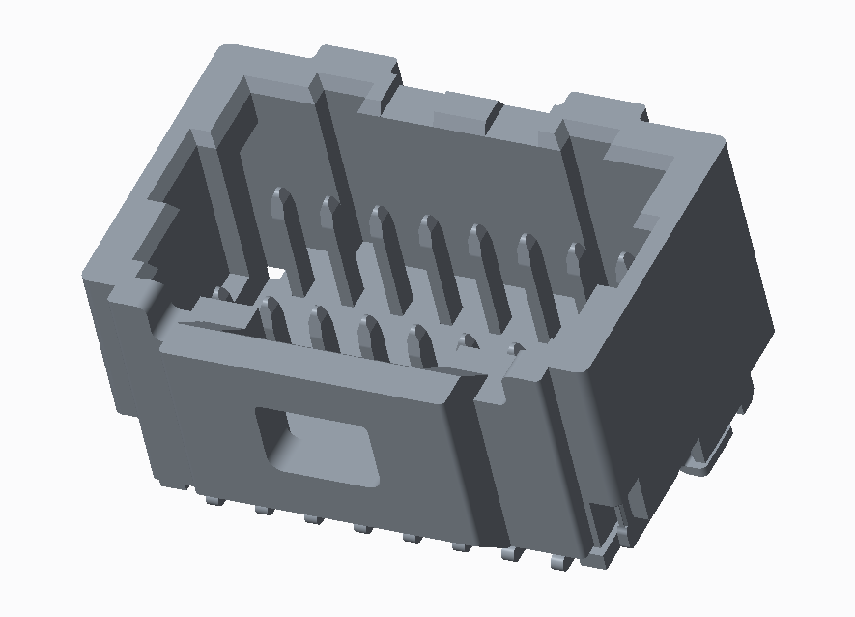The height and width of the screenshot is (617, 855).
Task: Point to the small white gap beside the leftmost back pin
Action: [x=275, y=275]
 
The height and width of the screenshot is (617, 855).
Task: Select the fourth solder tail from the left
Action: [x=362, y=526]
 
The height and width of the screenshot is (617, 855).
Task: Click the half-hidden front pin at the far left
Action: [x=222, y=294]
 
